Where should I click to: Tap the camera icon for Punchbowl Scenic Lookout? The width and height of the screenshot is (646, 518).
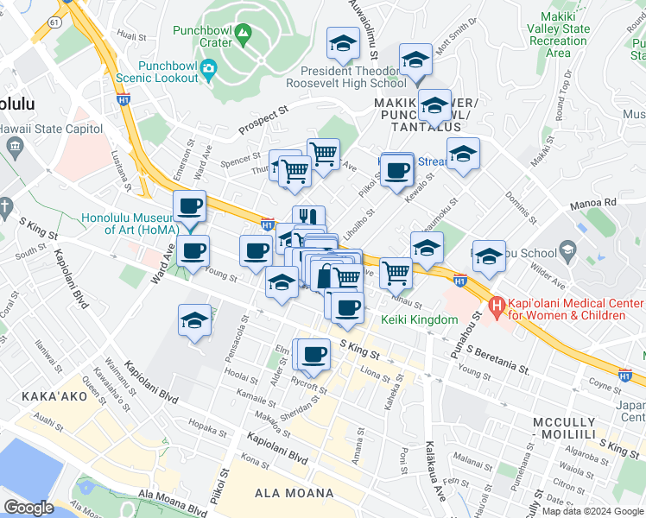pyautogui.click(x=208, y=68)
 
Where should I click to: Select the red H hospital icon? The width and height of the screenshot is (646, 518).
pyautogui.click(x=497, y=306)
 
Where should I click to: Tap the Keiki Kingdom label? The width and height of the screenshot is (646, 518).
pyautogui.click(x=419, y=320)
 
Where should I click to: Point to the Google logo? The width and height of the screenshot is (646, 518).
pyautogui.click(x=28, y=508)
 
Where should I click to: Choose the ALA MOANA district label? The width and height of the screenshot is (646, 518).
pyautogui.click(x=294, y=493)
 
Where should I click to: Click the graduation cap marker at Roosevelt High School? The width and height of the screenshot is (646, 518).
pyautogui.click(x=343, y=42)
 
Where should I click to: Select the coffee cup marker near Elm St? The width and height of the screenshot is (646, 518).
pyautogui.click(x=314, y=352)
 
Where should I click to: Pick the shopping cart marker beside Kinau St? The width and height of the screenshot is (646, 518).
pyautogui.click(x=396, y=272)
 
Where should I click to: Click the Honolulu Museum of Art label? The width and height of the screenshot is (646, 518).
pyautogui.click(x=130, y=224)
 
